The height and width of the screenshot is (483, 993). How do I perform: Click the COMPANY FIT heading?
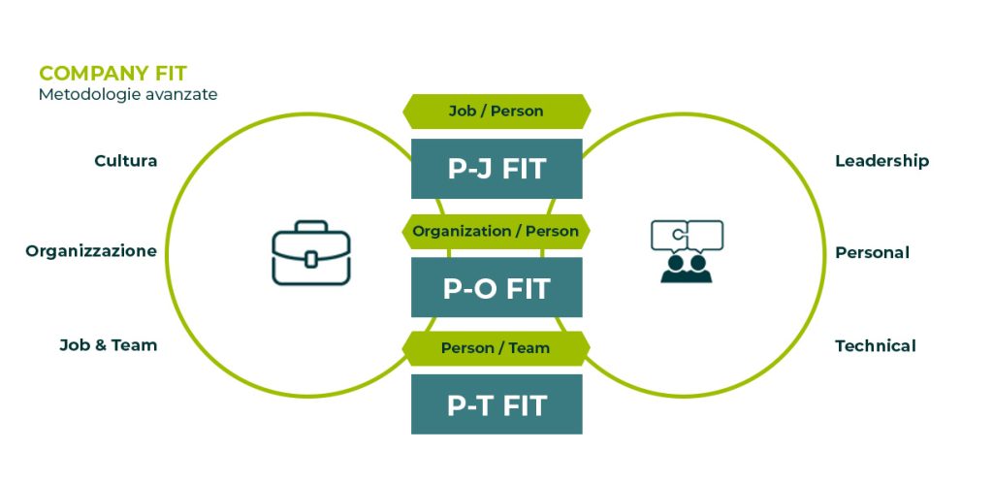(112, 73)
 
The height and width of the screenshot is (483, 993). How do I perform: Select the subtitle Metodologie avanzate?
(128, 95)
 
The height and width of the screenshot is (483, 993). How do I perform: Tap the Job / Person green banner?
(496, 111)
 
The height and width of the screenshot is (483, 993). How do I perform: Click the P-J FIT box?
(496, 169)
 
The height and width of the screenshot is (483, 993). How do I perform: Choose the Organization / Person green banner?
(496, 231)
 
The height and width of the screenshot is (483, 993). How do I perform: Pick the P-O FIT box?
(496, 288)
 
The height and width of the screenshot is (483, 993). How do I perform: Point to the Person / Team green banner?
(496, 347)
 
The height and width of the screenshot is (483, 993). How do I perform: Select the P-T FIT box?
(496, 404)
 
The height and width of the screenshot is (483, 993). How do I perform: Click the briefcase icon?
(310, 254)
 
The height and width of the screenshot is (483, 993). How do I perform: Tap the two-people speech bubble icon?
(687, 251)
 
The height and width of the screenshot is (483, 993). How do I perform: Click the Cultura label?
(125, 160)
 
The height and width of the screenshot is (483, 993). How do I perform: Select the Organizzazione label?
(91, 251)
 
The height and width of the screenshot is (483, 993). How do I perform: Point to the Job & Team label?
(108, 344)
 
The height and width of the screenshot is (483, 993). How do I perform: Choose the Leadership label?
(881, 160)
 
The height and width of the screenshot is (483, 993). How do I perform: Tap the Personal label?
(872, 252)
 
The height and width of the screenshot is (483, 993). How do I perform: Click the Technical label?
(875, 345)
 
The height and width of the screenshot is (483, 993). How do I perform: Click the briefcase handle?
(310, 228)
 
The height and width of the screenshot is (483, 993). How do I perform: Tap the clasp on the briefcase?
(310, 259)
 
